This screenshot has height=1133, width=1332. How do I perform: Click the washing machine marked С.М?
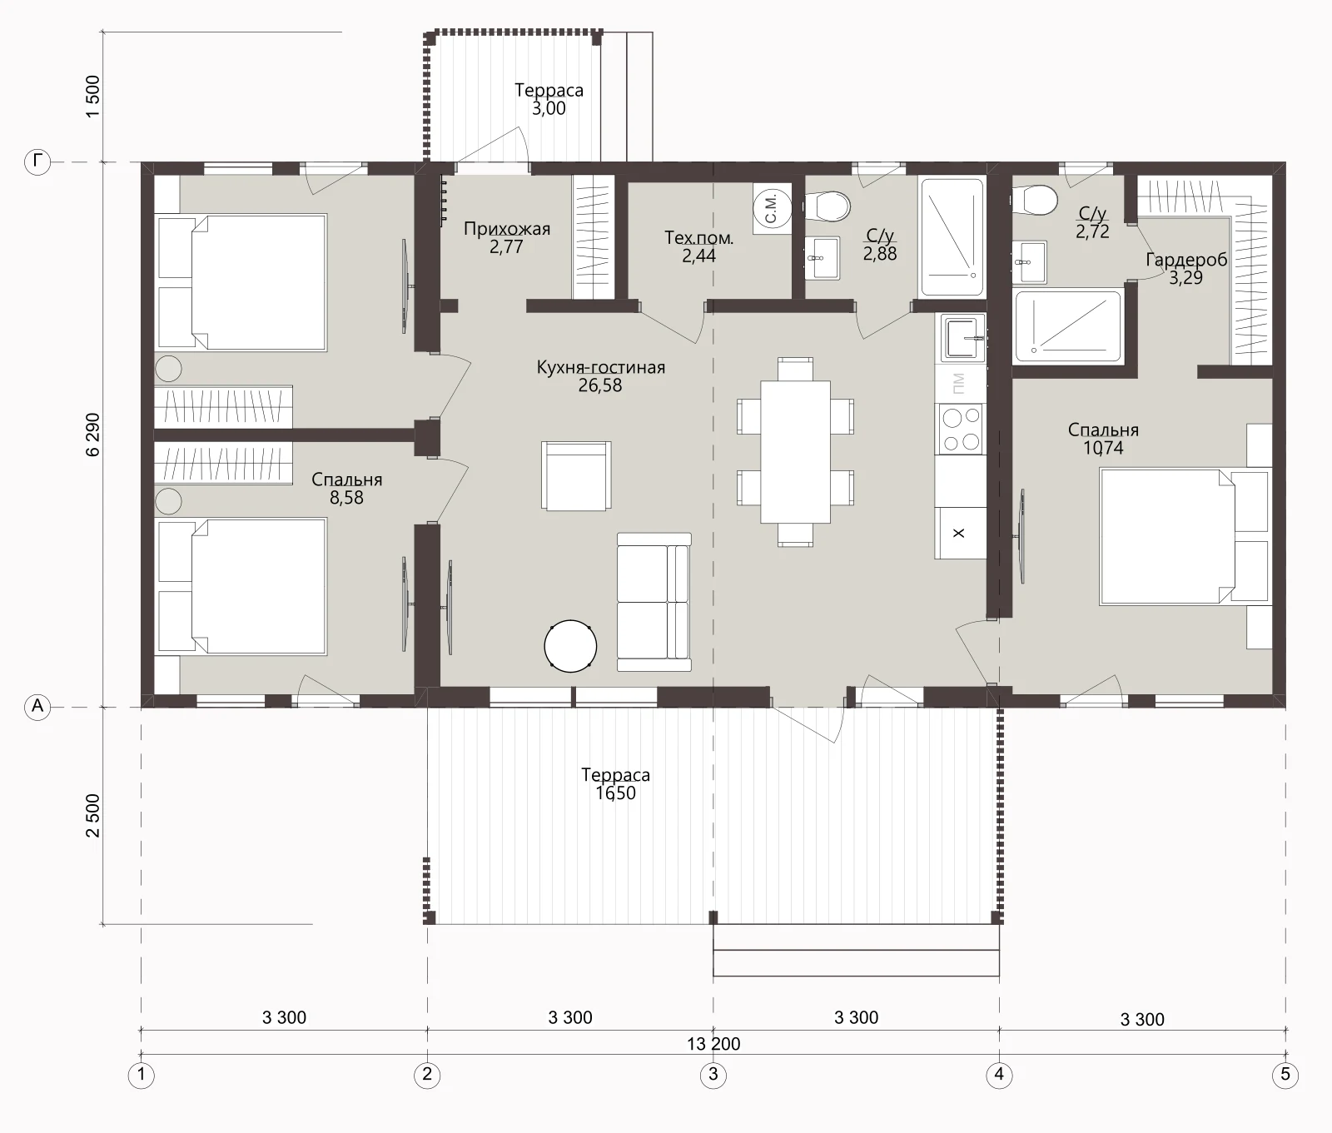click(x=772, y=206)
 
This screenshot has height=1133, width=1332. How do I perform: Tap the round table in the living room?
click(x=570, y=645)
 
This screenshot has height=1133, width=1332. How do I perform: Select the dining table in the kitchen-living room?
click(x=795, y=452)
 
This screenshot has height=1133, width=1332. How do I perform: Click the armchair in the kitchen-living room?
click(x=576, y=476)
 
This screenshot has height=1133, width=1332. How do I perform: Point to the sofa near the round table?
click(x=654, y=602)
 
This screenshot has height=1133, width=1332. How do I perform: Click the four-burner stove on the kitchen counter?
click(x=960, y=430)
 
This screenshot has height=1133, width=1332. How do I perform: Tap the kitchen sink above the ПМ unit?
click(x=963, y=338)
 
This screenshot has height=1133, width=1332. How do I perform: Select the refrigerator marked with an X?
click(x=960, y=533)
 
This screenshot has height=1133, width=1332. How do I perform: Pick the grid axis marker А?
click(x=38, y=707)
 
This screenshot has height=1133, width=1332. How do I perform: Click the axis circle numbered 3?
click(x=713, y=1075)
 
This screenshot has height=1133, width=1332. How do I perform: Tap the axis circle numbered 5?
click(x=1285, y=1075)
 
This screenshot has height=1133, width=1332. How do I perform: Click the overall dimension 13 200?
click(x=713, y=1044)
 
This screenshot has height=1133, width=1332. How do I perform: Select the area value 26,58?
click(x=600, y=385)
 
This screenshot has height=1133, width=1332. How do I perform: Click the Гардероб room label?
click(x=1186, y=260)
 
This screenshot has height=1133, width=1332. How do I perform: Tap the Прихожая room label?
click(x=507, y=229)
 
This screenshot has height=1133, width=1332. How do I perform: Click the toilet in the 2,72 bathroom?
click(x=1034, y=200)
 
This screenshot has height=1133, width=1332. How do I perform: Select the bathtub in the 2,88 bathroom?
click(x=952, y=237)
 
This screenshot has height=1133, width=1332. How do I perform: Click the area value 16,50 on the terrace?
click(x=616, y=793)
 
